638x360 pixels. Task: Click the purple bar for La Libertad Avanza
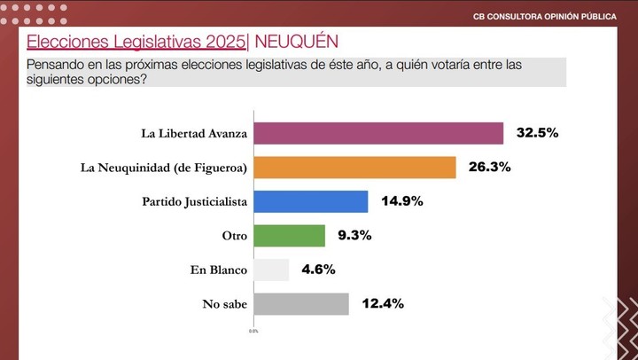[378, 134]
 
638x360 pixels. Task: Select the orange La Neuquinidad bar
[354, 168]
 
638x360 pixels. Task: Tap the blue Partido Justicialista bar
[311, 201]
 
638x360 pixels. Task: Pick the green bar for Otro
[290, 236]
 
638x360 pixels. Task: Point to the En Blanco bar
[271, 270]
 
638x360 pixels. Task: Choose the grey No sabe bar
[301, 304]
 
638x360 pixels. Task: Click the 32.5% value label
[538, 133]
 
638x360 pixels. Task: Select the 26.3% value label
[490, 168]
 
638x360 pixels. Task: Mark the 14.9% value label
[401, 201]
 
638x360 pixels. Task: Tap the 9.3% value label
[354, 236]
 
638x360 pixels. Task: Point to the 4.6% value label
[318, 270]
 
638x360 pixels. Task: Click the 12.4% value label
[383, 304]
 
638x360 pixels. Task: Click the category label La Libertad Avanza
[194, 134]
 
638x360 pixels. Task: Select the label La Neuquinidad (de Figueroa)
[163, 168]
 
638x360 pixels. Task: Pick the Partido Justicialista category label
[194, 201]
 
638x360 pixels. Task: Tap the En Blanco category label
[219, 270]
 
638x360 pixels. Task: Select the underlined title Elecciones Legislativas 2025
[136, 42]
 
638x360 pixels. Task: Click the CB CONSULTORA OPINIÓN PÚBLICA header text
[545, 16]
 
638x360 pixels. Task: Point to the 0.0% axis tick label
[253, 331]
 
